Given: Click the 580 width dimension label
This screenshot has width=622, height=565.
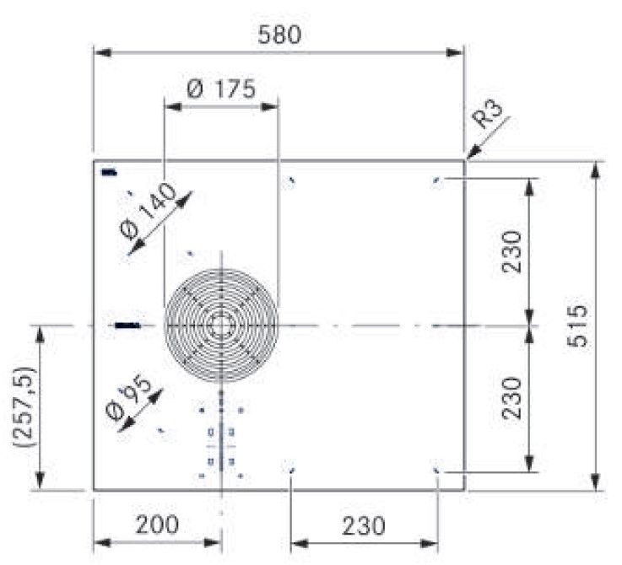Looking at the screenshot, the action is click(x=279, y=35).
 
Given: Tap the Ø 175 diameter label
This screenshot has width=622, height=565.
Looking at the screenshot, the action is click(x=222, y=89).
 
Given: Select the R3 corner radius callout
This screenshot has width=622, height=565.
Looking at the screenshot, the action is click(x=489, y=114).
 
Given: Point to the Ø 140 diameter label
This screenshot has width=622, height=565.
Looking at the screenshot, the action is click(x=149, y=212).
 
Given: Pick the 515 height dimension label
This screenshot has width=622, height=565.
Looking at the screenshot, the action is click(x=576, y=326).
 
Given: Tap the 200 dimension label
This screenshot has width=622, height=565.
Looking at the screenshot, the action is click(x=157, y=525).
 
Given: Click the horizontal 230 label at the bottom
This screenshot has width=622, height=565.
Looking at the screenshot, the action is click(x=364, y=526).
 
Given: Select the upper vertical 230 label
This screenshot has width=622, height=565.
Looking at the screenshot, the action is click(x=511, y=251).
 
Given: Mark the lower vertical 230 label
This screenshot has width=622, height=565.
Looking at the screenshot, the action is click(x=511, y=398).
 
